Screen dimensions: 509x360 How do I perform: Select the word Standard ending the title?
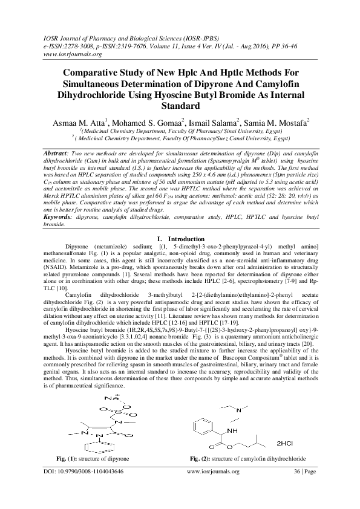[x=180, y=106]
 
